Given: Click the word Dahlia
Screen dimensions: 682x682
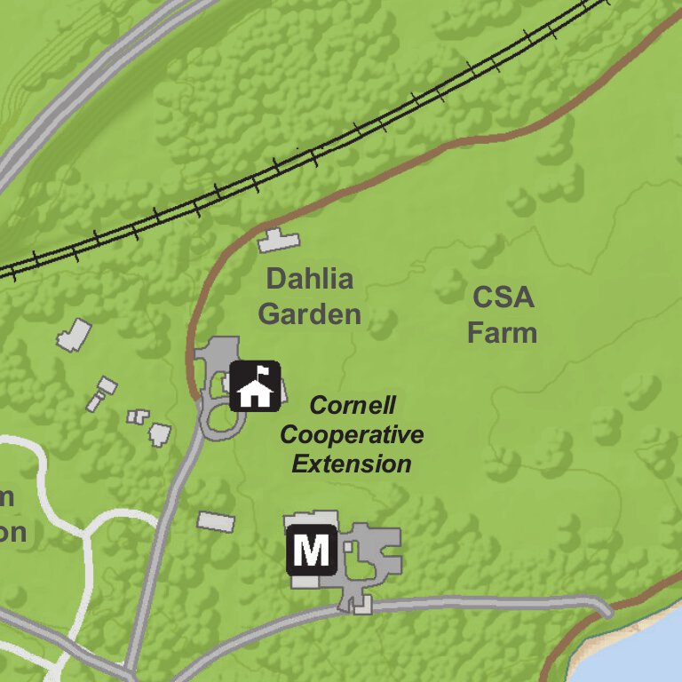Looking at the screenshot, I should [x=309, y=280].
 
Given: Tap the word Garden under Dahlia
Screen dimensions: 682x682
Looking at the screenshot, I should [x=309, y=313].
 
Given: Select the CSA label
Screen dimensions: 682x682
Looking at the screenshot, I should [x=503, y=297].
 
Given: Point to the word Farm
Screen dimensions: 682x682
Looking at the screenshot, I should [x=503, y=333].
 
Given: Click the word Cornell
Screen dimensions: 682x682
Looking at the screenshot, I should [x=352, y=407].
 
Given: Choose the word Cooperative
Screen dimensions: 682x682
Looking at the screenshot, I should [x=352, y=435].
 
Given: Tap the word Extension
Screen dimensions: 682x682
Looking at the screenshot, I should [x=352, y=464].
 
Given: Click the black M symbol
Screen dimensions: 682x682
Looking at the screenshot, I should [x=311, y=551].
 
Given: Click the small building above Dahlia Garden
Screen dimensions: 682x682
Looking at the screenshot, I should [x=279, y=240].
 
